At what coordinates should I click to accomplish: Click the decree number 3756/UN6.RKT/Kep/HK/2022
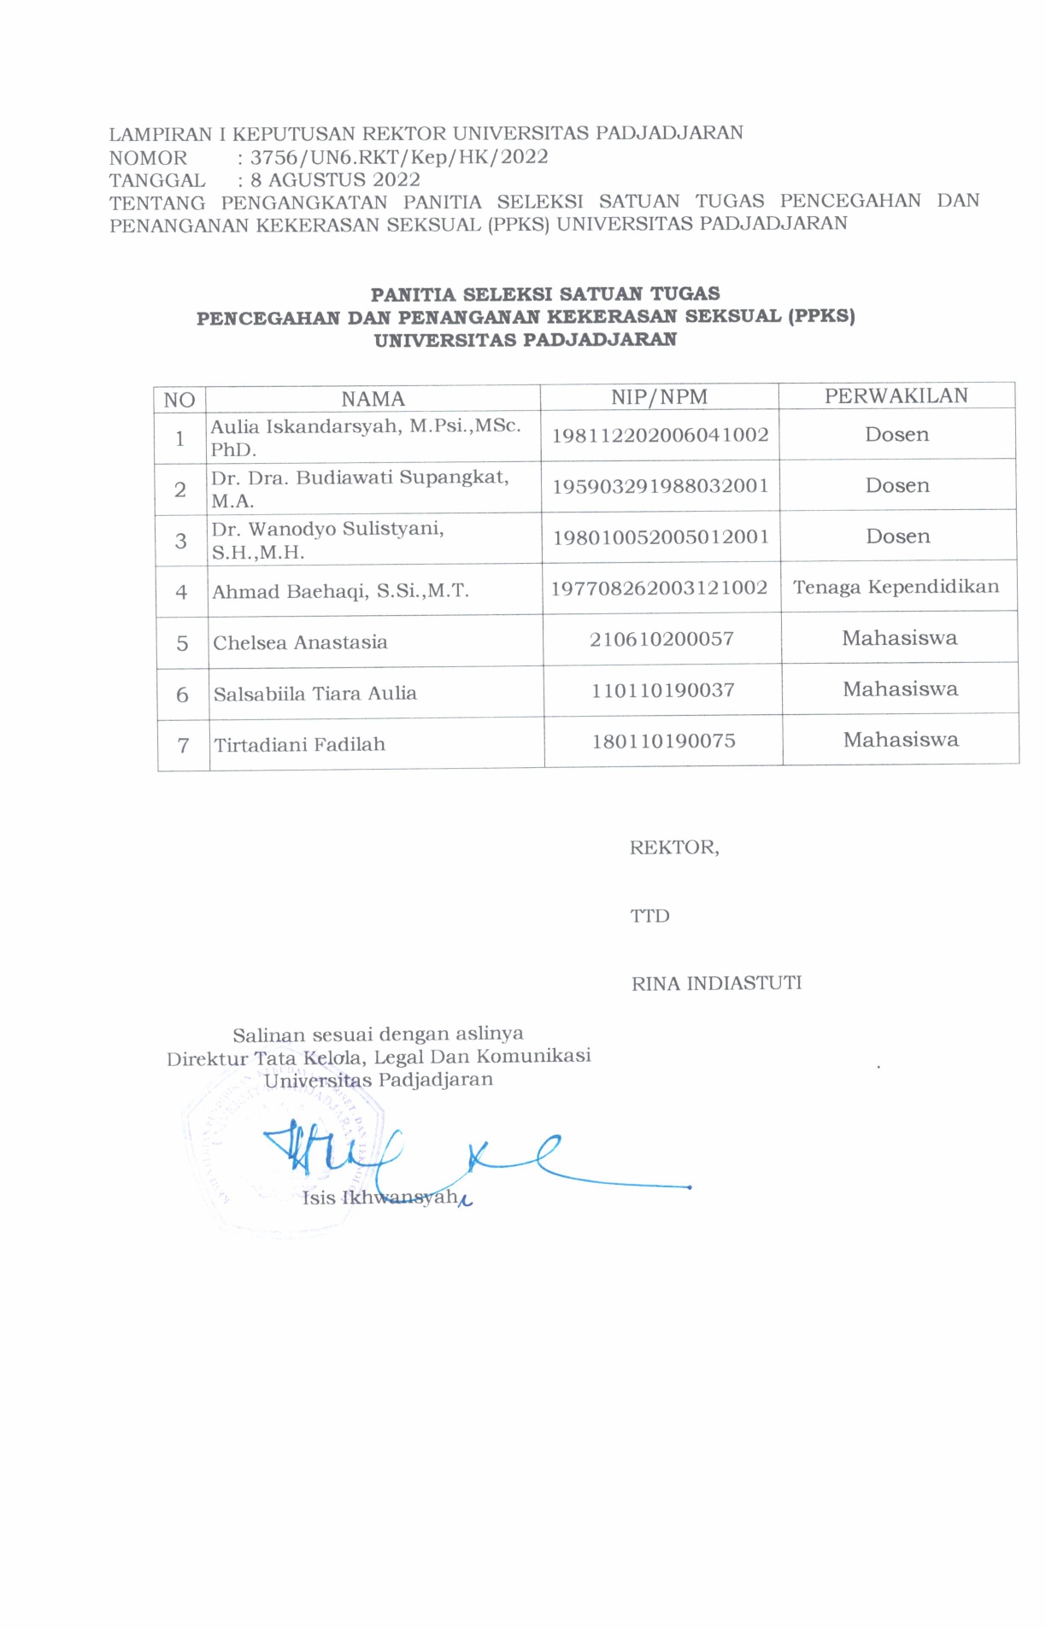tap(399, 157)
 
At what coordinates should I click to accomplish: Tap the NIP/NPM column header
tap(659, 396)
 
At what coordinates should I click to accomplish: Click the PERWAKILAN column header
tap(896, 396)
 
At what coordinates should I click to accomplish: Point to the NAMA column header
tap(373, 399)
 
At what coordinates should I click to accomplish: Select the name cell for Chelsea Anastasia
tap(300, 642)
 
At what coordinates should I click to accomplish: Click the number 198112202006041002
tap(660, 435)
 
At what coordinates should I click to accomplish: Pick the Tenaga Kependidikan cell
tap(896, 587)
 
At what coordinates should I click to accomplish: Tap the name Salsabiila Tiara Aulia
tap(315, 694)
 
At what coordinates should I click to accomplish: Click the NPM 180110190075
tap(663, 741)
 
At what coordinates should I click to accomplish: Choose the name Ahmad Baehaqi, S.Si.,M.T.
tap(340, 591)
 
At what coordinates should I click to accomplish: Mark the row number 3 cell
tap(180, 540)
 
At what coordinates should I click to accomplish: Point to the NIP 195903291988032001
tap(660, 486)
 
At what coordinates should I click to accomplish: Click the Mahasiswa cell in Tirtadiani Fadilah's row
tap(901, 740)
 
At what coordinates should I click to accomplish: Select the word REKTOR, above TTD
tap(674, 847)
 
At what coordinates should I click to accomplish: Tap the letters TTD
tap(649, 916)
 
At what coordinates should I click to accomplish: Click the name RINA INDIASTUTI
tap(716, 983)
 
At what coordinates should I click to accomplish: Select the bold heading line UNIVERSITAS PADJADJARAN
tap(525, 340)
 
